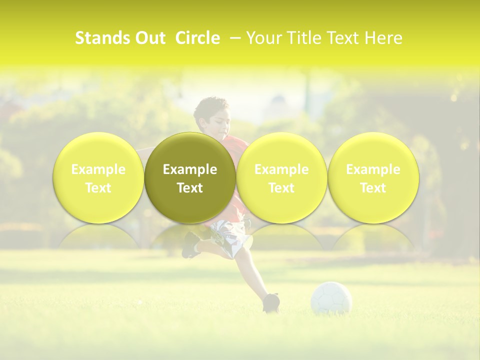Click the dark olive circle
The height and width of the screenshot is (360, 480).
pyautogui.click(x=190, y=177)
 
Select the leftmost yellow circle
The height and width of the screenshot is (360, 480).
pyautogui.click(x=98, y=177)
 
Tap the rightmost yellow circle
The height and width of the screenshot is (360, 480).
pyautogui.click(x=373, y=177)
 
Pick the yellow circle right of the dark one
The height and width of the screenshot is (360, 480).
pyautogui.click(x=281, y=177)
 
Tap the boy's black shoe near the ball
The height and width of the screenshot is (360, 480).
pyautogui.click(x=271, y=302)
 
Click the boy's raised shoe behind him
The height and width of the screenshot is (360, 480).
pyautogui.click(x=190, y=244)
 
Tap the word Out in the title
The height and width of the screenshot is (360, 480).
pyautogui.click(x=150, y=38)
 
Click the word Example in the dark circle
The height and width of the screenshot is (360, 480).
pyautogui.click(x=190, y=169)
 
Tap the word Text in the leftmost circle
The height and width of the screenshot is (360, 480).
pyautogui.click(x=98, y=188)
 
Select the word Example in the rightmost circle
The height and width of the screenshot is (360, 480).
pyautogui.click(x=373, y=169)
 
